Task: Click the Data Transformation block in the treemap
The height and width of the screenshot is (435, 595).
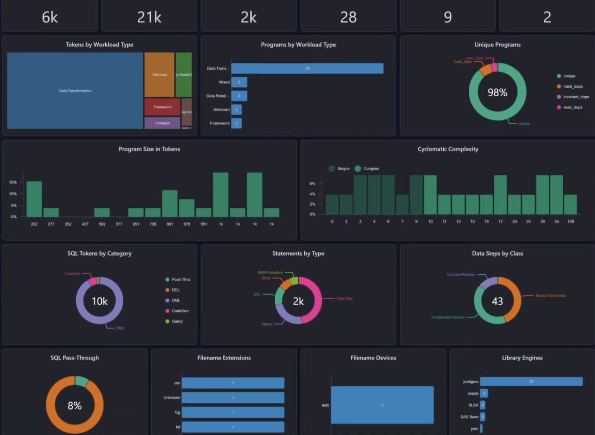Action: coord(75,91)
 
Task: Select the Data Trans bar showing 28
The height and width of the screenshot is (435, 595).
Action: coord(307,68)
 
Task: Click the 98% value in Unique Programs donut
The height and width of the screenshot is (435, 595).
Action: coord(497,92)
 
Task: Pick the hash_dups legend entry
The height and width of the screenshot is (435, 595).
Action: coord(572,86)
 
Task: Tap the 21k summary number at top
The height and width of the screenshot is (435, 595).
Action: coord(149,17)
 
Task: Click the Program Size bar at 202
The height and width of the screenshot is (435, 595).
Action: coord(34,199)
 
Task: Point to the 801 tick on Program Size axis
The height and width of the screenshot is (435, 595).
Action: coord(170,224)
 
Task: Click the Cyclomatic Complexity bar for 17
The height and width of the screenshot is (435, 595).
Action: coord(500,195)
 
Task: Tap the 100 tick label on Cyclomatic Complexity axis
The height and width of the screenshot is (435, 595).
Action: coord(570,221)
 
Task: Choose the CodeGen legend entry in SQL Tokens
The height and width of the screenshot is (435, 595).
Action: coord(180,311)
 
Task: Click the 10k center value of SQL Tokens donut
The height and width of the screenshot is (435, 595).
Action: coord(100,301)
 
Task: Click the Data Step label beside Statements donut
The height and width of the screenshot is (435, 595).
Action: coord(345,298)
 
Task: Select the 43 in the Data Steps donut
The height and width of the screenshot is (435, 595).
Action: coord(497,301)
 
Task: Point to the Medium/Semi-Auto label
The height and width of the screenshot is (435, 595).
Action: coord(551,296)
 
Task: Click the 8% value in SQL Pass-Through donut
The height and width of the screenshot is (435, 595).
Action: coord(75,406)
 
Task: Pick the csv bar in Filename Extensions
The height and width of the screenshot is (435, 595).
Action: coord(233,383)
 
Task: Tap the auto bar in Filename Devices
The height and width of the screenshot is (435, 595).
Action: coord(382,405)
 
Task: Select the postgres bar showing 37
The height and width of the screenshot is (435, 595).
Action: coord(531,382)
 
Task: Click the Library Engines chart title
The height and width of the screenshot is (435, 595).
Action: coord(522,358)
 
